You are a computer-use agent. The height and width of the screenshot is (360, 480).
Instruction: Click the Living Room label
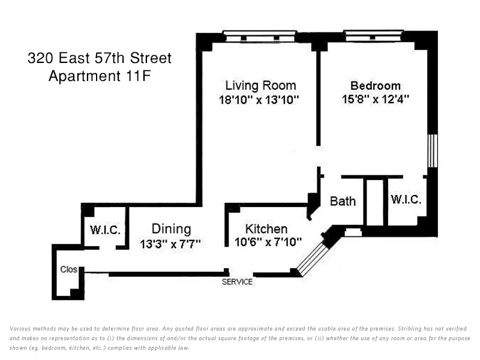pyautogui.click(x=260, y=85)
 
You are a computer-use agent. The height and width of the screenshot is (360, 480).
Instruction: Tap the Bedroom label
pyautogui.click(x=376, y=85)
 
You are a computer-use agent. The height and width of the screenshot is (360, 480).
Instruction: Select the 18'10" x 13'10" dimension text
pyautogui.click(x=259, y=100)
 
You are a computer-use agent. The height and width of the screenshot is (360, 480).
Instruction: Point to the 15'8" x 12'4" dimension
pyautogui.click(x=376, y=99)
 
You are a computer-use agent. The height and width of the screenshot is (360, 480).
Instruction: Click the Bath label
pyautogui.click(x=343, y=201)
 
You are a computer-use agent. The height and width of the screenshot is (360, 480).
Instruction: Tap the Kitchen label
pyautogui.click(x=266, y=229)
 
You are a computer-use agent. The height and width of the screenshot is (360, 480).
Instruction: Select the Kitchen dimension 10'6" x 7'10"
pyautogui.click(x=268, y=242)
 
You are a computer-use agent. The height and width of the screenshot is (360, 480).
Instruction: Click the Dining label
pyautogui.click(x=171, y=229)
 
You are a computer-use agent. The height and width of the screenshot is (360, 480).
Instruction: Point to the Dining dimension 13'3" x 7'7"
pyautogui.click(x=170, y=244)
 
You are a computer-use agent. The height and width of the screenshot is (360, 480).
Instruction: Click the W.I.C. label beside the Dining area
pyautogui.click(x=106, y=230)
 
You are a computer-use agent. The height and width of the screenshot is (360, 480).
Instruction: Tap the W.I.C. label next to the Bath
pyautogui.click(x=406, y=200)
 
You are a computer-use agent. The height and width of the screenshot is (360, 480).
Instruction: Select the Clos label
pyautogui.click(x=68, y=269)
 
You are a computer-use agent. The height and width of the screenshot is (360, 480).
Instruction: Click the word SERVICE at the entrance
pyautogui.click(x=237, y=281)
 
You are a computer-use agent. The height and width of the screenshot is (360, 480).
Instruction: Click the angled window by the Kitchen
pyautogui.click(x=313, y=259)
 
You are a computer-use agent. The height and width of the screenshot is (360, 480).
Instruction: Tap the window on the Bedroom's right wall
pyautogui.click(x=432, y=151)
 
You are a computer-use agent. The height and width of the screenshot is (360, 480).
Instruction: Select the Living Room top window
pyautogui.click(x=260, y=36)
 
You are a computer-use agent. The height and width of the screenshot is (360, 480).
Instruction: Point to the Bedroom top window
pyautogui.click(x=373, y=35)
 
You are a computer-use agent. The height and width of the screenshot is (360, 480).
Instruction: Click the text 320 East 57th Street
pyautogui.click(x=100, y=58)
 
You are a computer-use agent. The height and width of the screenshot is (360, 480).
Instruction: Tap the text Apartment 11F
pyautogui.click(x=100, y=76)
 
